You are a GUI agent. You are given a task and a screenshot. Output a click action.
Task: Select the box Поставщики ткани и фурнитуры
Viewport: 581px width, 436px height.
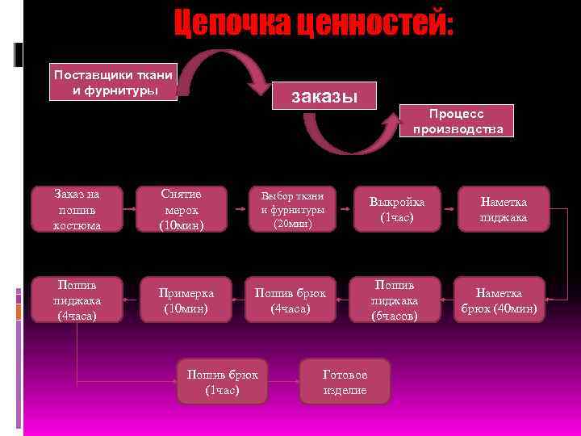coord(113,82)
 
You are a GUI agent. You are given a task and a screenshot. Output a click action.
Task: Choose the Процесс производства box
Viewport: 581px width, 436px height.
coord(458,121)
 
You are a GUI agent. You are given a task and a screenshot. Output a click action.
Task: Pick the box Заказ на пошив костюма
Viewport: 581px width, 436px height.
coord(77,210)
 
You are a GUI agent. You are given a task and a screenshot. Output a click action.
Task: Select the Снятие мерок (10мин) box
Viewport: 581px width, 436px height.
coord(181,210)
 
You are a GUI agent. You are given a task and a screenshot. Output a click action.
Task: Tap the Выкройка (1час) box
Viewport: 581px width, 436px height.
coord(396,210)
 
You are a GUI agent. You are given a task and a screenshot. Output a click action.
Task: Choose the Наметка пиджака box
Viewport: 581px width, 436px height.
coord(504,210)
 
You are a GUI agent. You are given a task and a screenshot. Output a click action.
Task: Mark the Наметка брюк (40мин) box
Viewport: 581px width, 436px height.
coord(499,300)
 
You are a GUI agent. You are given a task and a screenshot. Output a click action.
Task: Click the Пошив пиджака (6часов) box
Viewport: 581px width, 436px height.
coord(395,300)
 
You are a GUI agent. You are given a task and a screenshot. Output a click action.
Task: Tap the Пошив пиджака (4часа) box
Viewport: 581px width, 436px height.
coord(77,300)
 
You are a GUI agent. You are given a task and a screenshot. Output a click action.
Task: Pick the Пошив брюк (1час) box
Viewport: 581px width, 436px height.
coord(222,382)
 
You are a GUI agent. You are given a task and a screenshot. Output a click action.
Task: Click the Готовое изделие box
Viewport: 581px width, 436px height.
coord(345,382)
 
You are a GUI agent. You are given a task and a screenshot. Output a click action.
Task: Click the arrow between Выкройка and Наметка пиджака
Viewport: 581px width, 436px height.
coord(449,210)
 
